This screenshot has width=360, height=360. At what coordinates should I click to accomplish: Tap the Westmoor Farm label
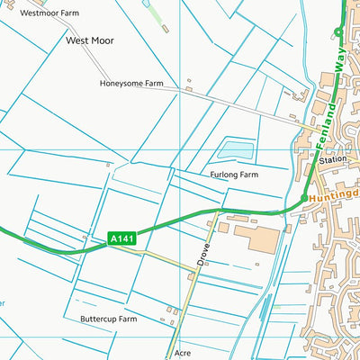click(x=49, y=13)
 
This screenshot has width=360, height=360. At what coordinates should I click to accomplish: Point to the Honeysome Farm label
click(x=131, y=83)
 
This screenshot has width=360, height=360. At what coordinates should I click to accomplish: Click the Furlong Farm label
click(x=234, y=175)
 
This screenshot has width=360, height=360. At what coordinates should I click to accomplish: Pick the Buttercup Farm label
click(x=108, y=319)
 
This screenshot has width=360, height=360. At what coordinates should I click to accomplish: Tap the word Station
click(x=332, y=159)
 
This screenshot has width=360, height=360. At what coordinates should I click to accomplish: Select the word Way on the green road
click(x=339, y=62)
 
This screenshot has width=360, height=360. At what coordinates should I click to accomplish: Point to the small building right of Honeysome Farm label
click(x=188, y=89)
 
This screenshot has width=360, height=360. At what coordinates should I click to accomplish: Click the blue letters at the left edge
click(x=2, y=303)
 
